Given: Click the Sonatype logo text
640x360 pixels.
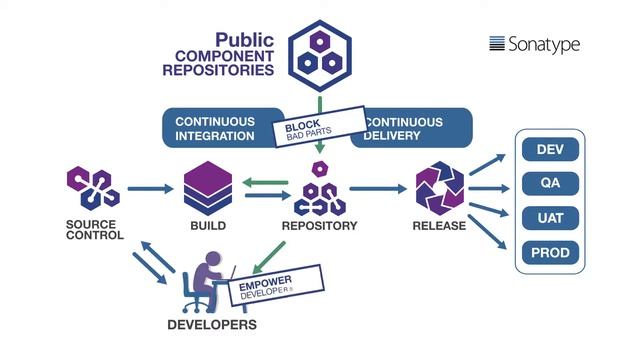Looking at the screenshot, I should pyautogui.click(x=535, y=44).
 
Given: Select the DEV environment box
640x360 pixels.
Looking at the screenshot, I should pyautogui.click(x=550, y=150).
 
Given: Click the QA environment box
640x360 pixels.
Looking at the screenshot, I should pyautogui.click(x=550, y=184).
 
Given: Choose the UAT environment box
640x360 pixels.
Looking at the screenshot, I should pyautogui.click(x=550, y=217).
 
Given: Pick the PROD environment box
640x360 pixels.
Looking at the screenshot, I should pyautogui.click(x=550, y=252).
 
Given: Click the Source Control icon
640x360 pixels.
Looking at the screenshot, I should pyautogui.click(x=92, y=187).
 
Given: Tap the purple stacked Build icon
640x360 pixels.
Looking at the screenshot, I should pyautogui.click(x=208, y=187).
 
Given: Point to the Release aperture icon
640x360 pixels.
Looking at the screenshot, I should pyautogui.click(x=440, y=187).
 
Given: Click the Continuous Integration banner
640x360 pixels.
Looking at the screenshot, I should pyautogui.click(x=215, y=128).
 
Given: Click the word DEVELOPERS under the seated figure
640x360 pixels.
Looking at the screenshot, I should pyautogui.click(x=211, y=325).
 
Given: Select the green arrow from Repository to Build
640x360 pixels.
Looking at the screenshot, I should pyautogui.click(x=265, y=181).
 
